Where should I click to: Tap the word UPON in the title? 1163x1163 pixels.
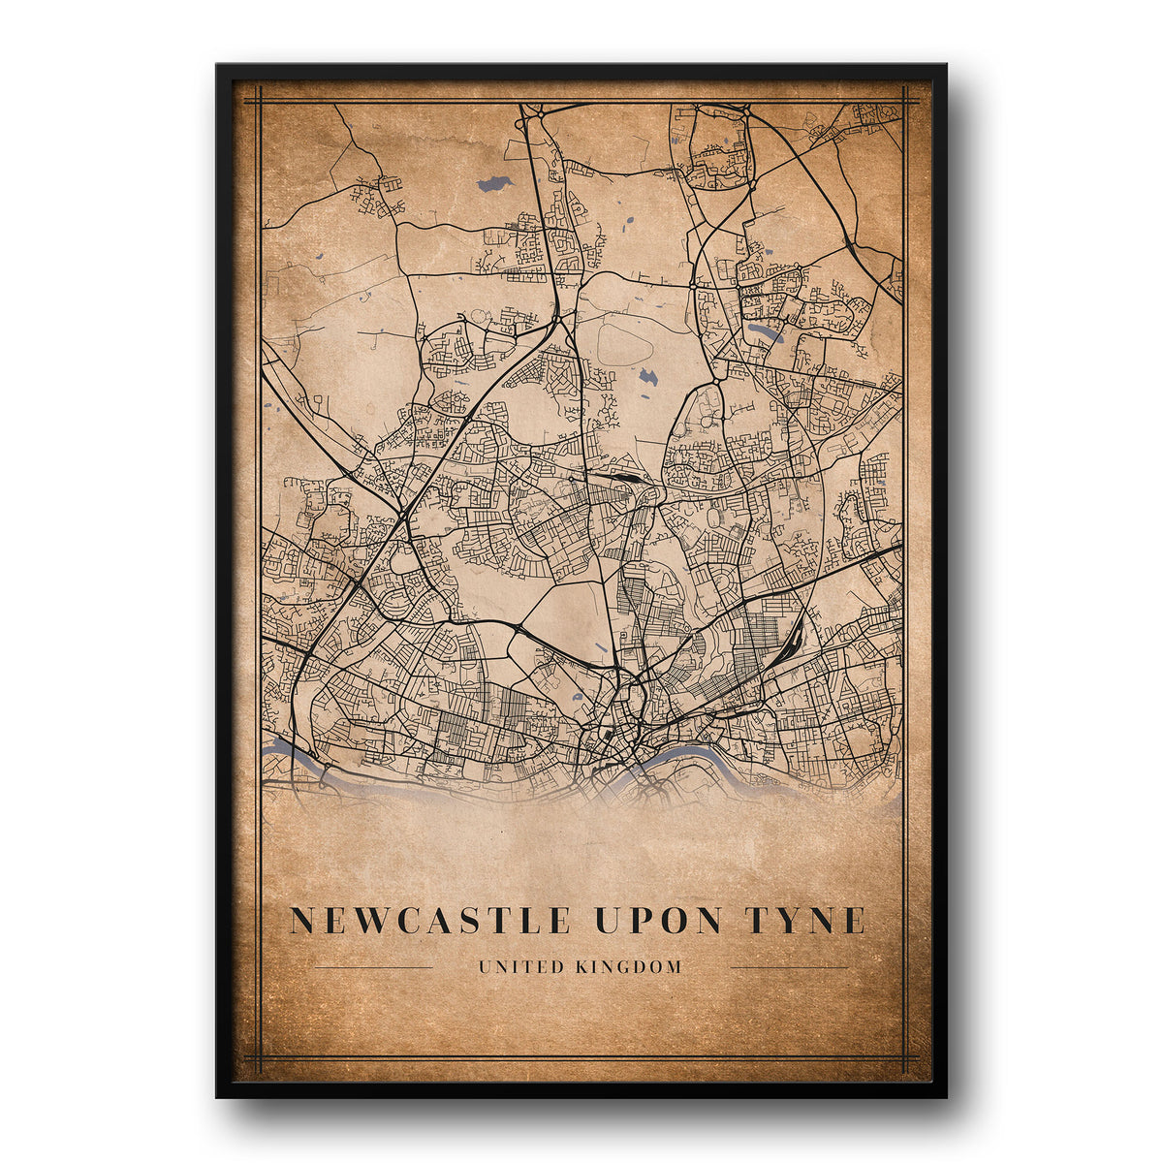point(656,920)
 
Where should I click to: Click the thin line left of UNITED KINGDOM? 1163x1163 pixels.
point(374,967)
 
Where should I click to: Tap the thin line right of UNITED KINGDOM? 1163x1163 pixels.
point(788,967)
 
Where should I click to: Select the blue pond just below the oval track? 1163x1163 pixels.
point(647,376)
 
